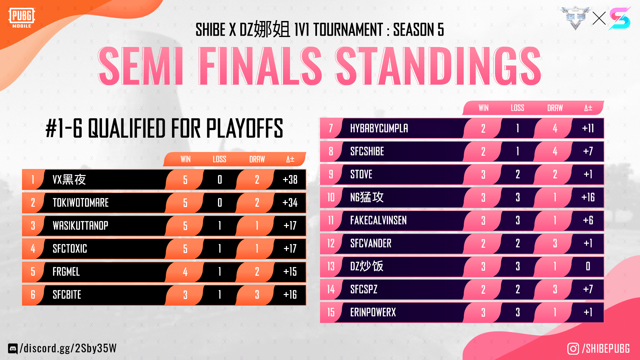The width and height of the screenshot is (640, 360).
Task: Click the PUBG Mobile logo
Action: (22, 18)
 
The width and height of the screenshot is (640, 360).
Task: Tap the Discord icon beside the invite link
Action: (13, 349)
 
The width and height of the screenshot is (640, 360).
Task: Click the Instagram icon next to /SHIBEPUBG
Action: (573, 349)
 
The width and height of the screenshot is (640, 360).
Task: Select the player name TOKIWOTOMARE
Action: (81, 203)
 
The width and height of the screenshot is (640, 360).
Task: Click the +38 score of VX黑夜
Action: (290, 180)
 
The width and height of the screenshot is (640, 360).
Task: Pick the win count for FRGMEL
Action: (185, 272)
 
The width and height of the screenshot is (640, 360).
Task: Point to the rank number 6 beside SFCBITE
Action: (33, 295)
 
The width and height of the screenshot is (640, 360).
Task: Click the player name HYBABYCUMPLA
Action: (379, 128)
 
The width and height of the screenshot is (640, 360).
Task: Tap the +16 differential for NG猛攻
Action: (588, 197)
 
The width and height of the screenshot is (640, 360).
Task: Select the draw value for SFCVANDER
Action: (555, 243)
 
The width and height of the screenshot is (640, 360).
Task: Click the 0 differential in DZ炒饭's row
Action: (588, 266)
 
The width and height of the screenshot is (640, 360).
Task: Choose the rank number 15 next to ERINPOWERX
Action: (331, 312)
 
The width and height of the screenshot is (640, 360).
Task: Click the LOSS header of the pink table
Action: (517, 108)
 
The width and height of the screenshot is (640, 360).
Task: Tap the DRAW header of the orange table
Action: (257, 159)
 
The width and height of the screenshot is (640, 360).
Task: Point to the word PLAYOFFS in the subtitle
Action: (245, 128)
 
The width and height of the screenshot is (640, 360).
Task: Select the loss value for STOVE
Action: (518, 174)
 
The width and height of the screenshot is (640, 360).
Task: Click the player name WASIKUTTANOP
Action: (80, 226)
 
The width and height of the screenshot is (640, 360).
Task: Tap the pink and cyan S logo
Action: (620, 19)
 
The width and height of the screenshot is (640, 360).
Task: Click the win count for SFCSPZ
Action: (483, 289)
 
